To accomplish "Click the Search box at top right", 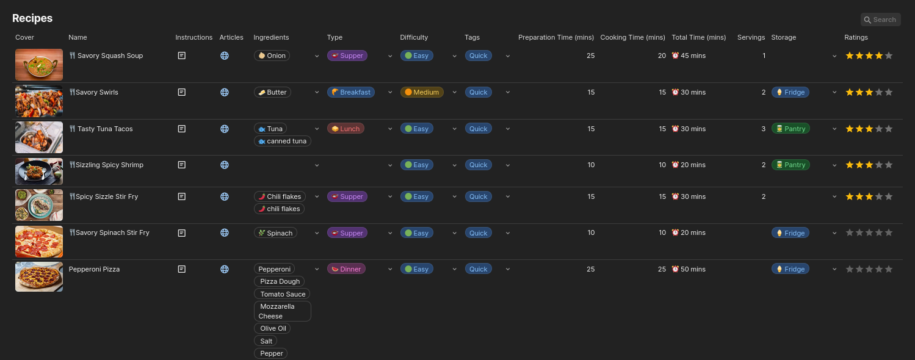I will point(880,20).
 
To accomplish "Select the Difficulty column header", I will point(414,37).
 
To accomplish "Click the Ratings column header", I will point(856,37).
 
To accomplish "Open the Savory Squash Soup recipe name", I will point(110,56).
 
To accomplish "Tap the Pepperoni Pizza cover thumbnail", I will point(39,276).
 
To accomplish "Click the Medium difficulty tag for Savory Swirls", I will point(422,92).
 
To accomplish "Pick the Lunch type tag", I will point(345,129).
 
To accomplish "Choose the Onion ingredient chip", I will point(272,56).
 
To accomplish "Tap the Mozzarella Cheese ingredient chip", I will point(282,311).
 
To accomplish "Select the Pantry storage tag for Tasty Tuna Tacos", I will point(790,129).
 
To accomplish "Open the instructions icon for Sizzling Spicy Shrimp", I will point(181,165).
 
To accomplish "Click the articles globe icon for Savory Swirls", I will point(224,92).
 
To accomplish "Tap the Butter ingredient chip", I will point(272,92).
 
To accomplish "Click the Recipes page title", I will point(32,18).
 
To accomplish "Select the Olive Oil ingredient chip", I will point(272,328).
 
